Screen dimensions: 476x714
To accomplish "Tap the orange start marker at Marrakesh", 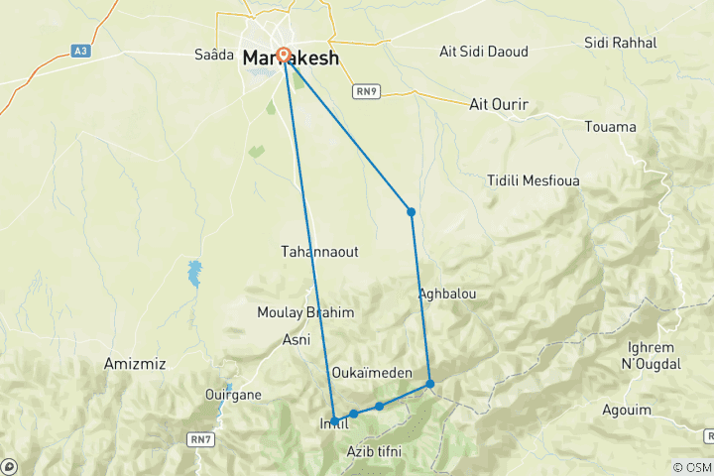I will (x=285, y=56).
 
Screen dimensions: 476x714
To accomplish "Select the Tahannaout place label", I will (x=320, y=252).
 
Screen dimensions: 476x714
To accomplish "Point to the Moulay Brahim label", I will (x=305, y=312).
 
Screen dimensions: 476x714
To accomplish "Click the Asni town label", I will (x=297, y=338).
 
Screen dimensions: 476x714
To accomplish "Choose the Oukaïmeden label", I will (x=372, y=372).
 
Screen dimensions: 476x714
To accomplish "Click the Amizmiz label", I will (x=134, y=365).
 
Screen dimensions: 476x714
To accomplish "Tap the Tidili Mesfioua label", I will (x=534, y=180).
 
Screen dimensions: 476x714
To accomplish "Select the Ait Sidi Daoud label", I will (x=484, y=51).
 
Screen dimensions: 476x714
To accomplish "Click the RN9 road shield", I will (x=367, y=91).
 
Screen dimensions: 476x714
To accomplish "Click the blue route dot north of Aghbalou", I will (x=411, y=211).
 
